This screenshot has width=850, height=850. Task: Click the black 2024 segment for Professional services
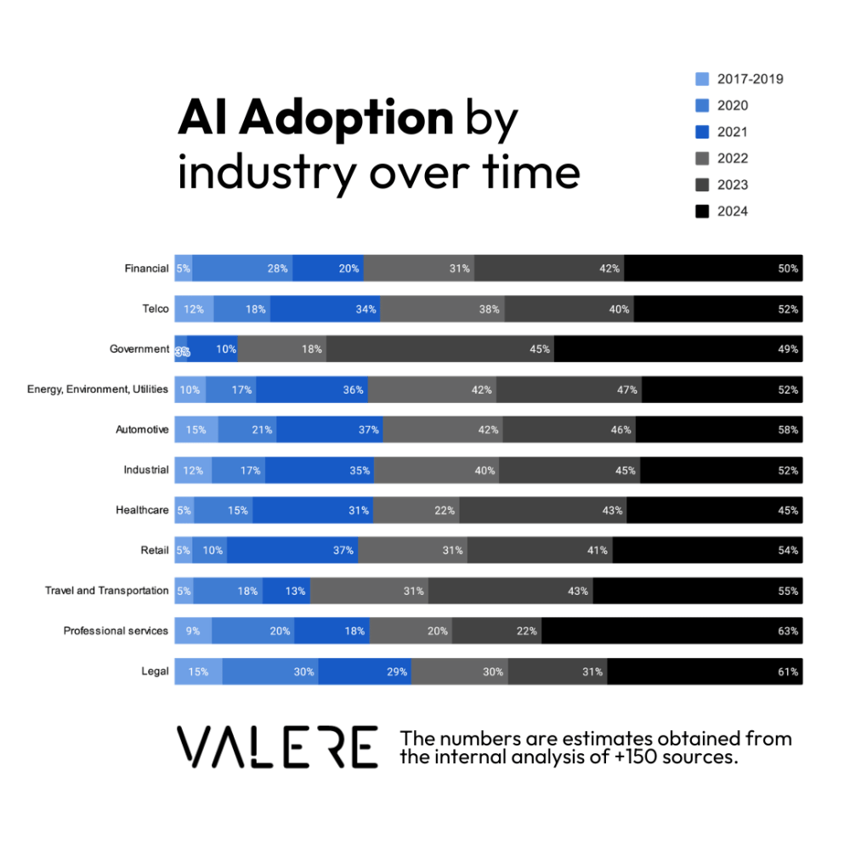click(x=671, y=631)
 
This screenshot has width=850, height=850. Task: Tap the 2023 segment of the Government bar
click(x=439, y=348)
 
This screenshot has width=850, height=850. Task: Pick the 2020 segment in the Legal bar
click(x=270, y=671)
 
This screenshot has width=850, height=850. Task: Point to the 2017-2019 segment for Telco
click(x=194, y=309)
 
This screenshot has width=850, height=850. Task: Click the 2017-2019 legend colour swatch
click(x=702, y=79)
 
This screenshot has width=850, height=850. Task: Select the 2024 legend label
click(x=732, y=211)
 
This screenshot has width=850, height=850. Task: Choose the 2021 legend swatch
click(x=702, y=132)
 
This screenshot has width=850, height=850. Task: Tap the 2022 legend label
click(x=732, y=158)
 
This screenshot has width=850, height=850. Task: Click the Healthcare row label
click(x=142, y=510)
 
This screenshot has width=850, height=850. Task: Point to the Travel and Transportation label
click(x=106, y=590)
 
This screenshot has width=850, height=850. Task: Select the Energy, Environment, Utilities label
click(x=98, y=389)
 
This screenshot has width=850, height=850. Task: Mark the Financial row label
click(x=146, y=269)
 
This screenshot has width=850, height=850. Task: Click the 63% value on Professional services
click(x=788, y=631)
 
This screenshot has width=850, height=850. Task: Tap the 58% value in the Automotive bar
click(x=788, y=429)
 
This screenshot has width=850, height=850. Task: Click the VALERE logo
click(x=277, y=747)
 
